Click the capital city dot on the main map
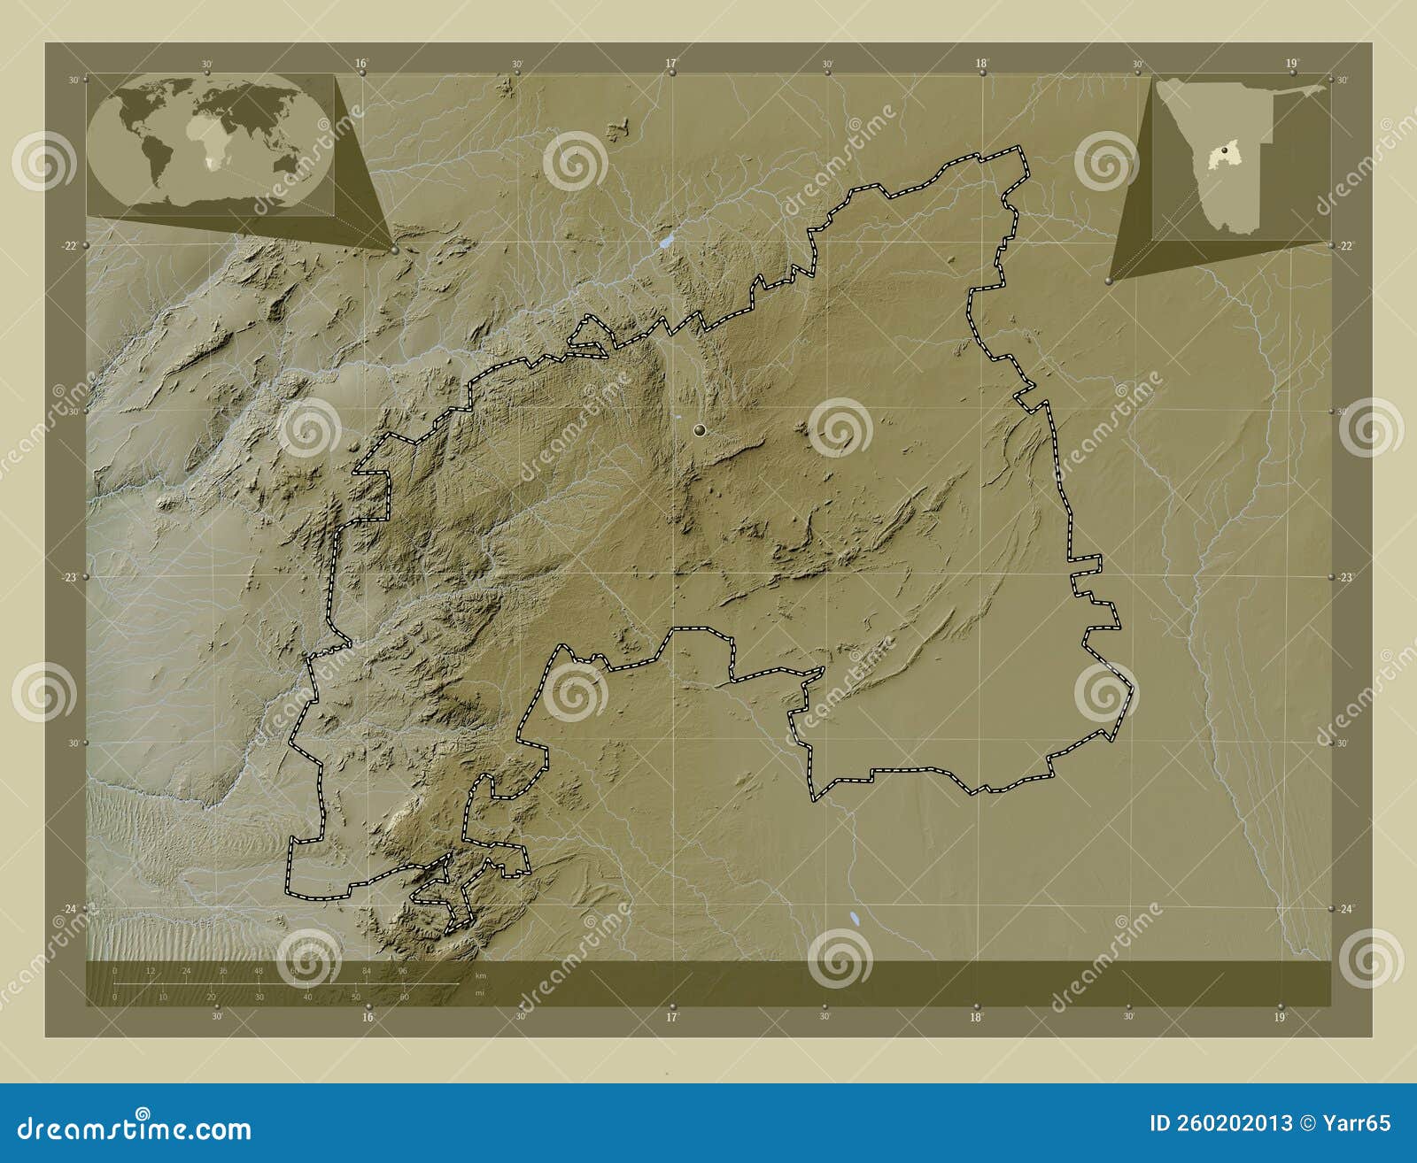coord(700,430)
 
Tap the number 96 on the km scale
coord(402,971)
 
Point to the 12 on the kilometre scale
coord(151,971)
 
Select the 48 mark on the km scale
coord(259,971)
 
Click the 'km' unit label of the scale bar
coord(480,975)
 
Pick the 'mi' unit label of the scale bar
coord(479,992)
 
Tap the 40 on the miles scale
coord(307,997)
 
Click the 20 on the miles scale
coord(211,997)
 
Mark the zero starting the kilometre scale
coord(115,971)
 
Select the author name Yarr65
coord(1355,1123)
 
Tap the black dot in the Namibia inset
coord(1225,151)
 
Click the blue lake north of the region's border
coord(665,241)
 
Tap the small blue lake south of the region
coord(854,919)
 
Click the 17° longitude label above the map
coord(670,63)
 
